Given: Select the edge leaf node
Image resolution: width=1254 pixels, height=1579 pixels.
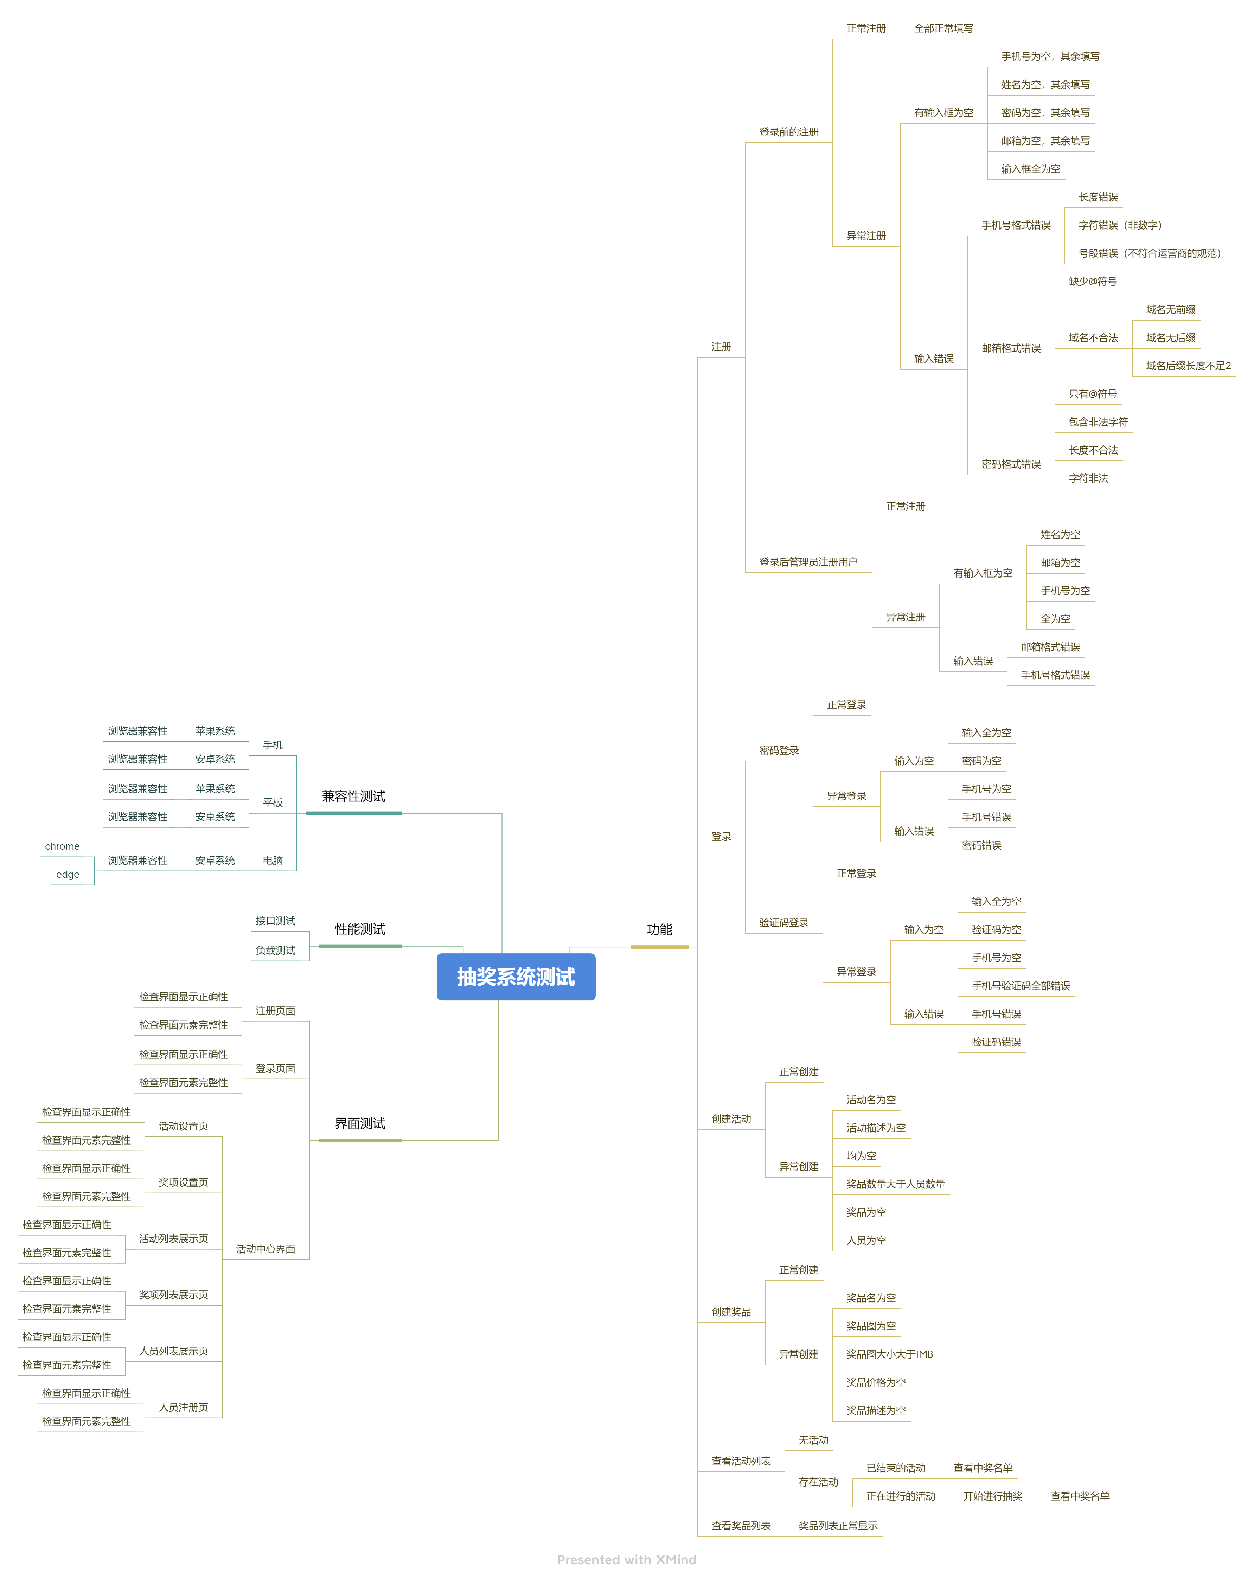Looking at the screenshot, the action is [x=68, y=875].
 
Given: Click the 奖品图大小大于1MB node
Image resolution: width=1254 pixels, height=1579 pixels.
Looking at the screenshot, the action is [x=889, y=1354].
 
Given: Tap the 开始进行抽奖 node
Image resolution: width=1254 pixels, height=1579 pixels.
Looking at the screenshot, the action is [x=992, y=1496].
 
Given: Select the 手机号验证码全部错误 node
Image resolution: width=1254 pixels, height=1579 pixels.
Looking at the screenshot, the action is [x=1021, y=986].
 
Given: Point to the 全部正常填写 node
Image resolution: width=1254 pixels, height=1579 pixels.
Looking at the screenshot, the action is [x=943, y=28].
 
